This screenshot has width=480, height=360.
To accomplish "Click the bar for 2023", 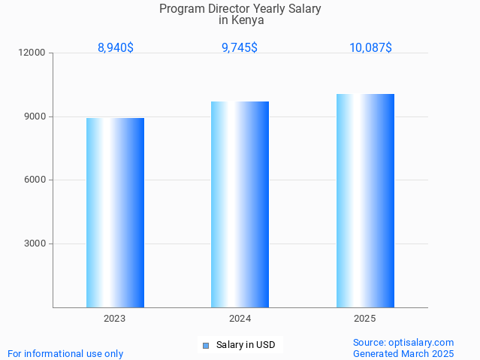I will click(115, 213).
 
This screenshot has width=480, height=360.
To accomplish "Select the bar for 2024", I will click(240, 204).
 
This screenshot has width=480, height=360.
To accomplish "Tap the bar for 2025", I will click(365, 201).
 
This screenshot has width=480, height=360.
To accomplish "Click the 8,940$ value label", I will click(116, 48).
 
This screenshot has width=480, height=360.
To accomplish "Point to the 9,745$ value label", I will click(240, 48).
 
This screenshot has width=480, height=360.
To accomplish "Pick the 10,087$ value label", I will click(370, 48).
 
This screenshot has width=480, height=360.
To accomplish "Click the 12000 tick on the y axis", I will click(33, 53).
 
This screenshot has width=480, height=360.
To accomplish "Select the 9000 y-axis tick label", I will click(35, 116).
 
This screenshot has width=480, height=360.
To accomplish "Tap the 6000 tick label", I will click(35, 180).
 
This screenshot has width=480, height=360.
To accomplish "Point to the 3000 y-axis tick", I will click(35, 244).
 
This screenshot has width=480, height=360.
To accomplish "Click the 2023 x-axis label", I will click(115, 319).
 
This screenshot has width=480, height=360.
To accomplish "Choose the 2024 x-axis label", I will click(240, 319).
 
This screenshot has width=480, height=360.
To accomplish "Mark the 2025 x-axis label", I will click(365, 319).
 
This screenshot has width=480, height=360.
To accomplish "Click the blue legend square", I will click(205, 346).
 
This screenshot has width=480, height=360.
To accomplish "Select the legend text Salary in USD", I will click(246, 346).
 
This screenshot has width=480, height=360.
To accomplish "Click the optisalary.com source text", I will click(403, 342).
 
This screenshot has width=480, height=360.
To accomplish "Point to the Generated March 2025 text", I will click(403, 353).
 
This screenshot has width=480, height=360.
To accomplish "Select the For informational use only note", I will click(65, 353).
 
